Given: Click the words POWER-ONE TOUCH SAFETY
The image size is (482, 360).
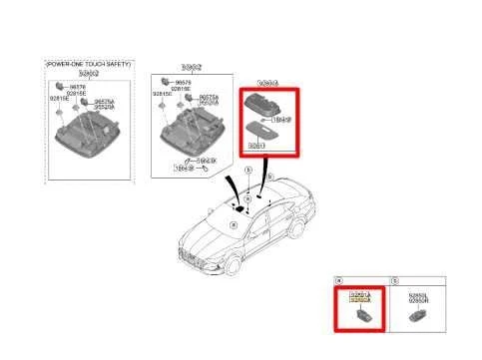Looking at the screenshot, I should pos(87,63).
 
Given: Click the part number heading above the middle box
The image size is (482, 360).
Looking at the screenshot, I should pos(189,65).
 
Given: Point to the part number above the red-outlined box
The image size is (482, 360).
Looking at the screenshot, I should pos(267,84).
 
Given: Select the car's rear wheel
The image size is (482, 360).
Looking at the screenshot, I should pos(318,232).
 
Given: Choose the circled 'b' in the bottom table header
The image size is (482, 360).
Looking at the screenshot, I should pos(395,282).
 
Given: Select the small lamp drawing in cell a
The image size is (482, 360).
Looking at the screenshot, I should pos(361,316).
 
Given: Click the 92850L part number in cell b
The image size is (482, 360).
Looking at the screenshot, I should pos(415,295).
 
